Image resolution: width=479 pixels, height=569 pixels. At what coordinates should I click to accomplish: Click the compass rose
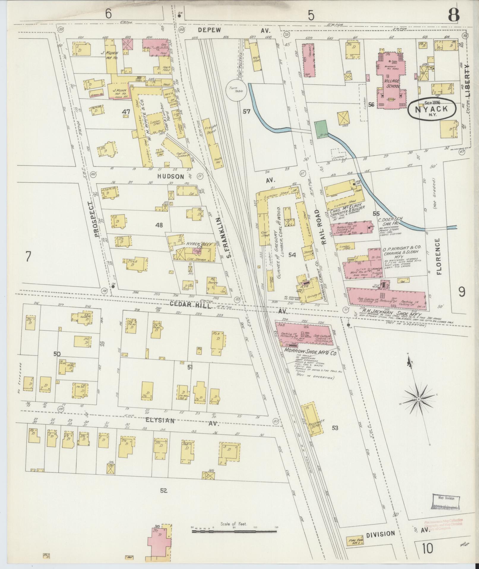[x=418, y=399]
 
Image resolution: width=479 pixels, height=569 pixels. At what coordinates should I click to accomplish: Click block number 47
[x=126, y=112]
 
